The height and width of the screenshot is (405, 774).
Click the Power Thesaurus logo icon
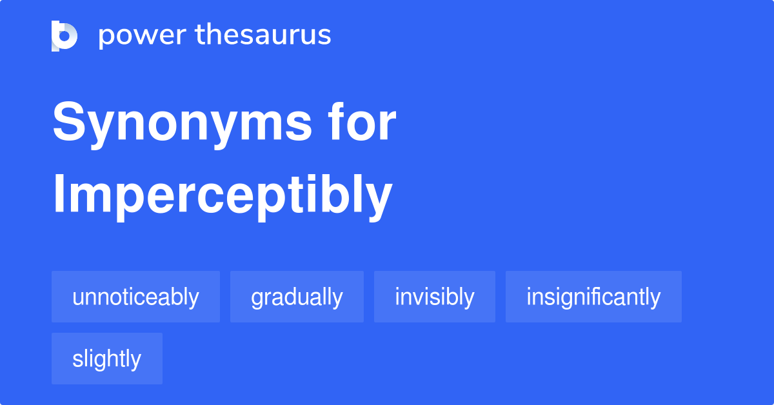tap(64, 35)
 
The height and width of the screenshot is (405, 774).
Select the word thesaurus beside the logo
tap(263, 35)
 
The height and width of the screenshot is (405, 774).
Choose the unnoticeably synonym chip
tap(135, 297)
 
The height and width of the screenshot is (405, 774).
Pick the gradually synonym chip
tap(297, 297)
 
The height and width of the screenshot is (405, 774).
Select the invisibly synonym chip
tap(435, 297)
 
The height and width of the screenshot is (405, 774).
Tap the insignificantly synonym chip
tap(593, 297)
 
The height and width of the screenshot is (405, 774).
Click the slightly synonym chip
tap(107, 359)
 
